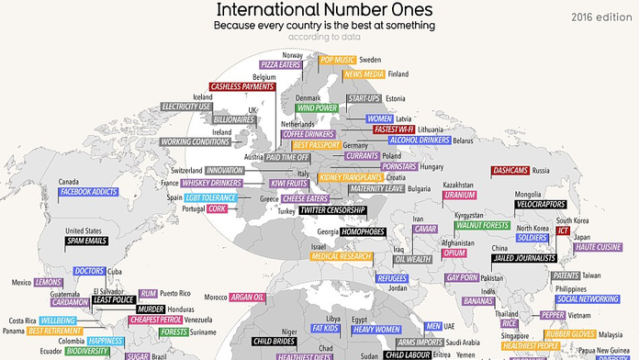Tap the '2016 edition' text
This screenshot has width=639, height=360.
pos(601,17)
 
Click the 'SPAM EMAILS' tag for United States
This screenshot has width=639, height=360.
pos(87,242)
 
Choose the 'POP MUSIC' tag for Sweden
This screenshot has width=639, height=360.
pos(337,60)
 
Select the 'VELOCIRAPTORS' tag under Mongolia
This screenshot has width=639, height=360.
pos(539,205)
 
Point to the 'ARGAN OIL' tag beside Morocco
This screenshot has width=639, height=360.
pos(247,298)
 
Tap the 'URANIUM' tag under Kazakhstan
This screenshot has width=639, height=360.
pos(458,196)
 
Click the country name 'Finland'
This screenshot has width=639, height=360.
pos(398,73)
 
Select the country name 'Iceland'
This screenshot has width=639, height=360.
pos(202,96)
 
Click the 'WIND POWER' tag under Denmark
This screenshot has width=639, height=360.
pos(317,107)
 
